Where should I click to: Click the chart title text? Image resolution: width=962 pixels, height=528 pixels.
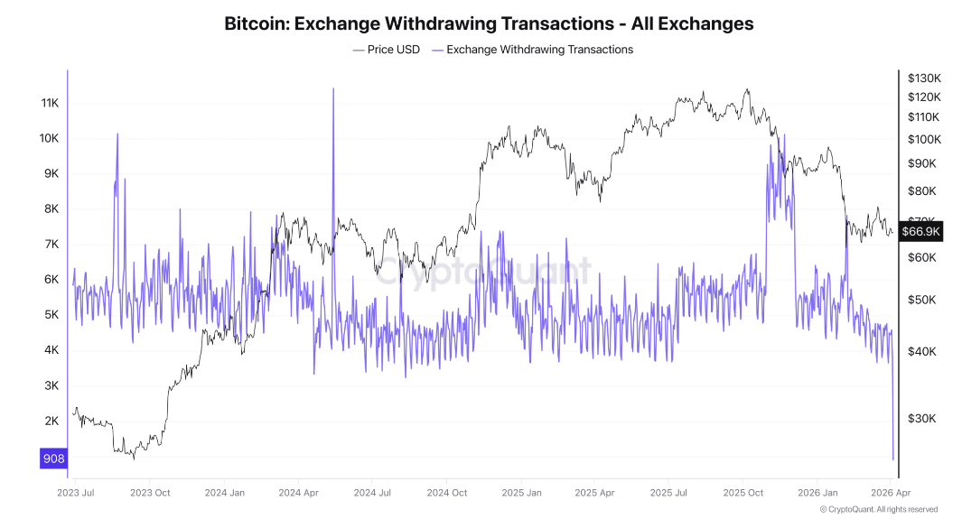(x=489, y=23)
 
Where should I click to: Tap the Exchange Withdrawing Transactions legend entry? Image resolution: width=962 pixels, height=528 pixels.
(x=539, y=50)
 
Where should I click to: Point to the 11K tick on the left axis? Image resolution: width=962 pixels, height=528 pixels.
(x=50, y=104)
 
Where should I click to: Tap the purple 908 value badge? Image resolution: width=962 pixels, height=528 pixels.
(x=53, y=459)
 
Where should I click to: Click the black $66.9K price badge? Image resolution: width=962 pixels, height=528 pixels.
(x=921, y=231)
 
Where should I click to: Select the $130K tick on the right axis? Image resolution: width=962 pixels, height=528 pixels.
(x=925, y=79)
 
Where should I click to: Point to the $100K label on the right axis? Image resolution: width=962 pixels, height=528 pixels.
(x=925, y=139)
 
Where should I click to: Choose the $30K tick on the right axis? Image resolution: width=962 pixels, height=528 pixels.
(x=922, y=419)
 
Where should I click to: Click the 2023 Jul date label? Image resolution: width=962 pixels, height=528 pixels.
(x=76, y=493)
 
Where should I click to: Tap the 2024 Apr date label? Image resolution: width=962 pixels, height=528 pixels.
(x=298, y=493)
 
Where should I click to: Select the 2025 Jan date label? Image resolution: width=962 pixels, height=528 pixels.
(x=521, y=493)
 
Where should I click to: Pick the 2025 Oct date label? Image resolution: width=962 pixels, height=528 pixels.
(x=743, y=493)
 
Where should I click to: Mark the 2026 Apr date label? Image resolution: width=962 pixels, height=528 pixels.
(x=890, y=493)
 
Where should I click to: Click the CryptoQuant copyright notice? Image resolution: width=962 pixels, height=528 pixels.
(x=878, y=510)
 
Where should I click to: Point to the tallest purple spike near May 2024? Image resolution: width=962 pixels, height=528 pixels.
(x=333, y=89)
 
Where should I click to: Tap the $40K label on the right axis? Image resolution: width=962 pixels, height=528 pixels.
(x=922, y=351)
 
